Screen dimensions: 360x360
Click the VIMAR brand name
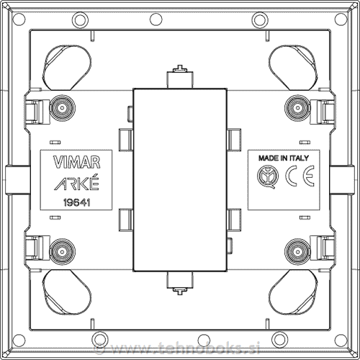pyautogui.click(x=76, y=162)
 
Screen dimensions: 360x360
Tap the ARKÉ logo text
pyautogui.click(x=76, y=183)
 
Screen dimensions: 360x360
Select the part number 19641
pyautogui.click(x=76, y=203)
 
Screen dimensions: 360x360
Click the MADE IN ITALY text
pyautogui.click(x=284, y=158)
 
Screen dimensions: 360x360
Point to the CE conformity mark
pyautogui.click(x=300, y=176)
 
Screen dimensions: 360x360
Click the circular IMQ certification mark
pyautogui.click(x=268, y=176)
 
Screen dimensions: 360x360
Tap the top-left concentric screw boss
pyautogui.click(x=63, y=108)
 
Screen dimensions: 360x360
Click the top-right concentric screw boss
pyautogui.click(x=297, y=108)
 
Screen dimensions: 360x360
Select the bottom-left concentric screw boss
pyautogui.click(x=63, y=251)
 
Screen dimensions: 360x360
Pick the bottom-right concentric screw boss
pyautogui.click(x=297, y=251)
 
